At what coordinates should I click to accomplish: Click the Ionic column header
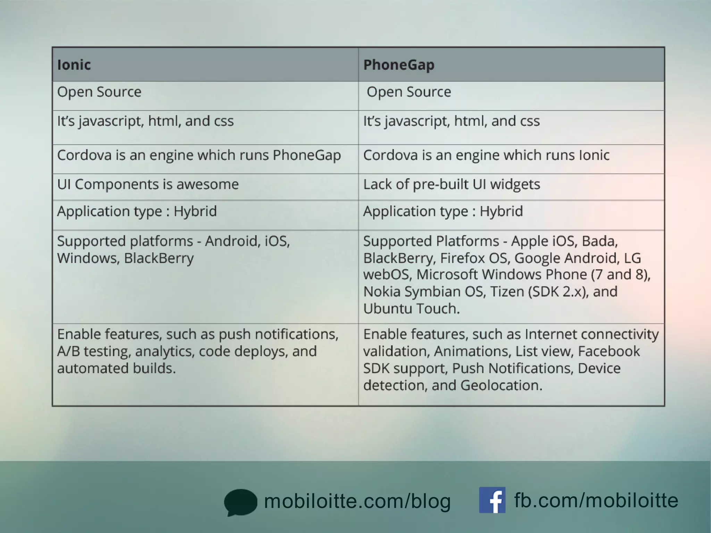tap(74, 65)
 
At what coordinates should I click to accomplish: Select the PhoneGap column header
tap(399, 65)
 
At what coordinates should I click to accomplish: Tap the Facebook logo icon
tap(492, 500)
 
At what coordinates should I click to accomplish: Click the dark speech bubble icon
tap(240, 502)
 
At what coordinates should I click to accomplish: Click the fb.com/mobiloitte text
tap(596, 500)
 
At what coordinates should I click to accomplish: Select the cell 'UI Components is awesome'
tap(148, 184)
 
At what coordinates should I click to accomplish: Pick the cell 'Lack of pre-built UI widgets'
tap(451, 184)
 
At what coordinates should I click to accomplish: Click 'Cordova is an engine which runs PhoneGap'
tap(199, 155)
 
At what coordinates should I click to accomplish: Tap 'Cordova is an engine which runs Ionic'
tap(486, 155)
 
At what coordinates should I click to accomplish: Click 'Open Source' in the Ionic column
tap(99, 92)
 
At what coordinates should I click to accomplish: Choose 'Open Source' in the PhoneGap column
tap(409, 92)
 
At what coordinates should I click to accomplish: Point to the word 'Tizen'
tap(506, 291)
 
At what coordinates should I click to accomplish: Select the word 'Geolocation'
tap(501, 385)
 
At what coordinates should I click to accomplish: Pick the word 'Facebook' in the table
tap(609, 351)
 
